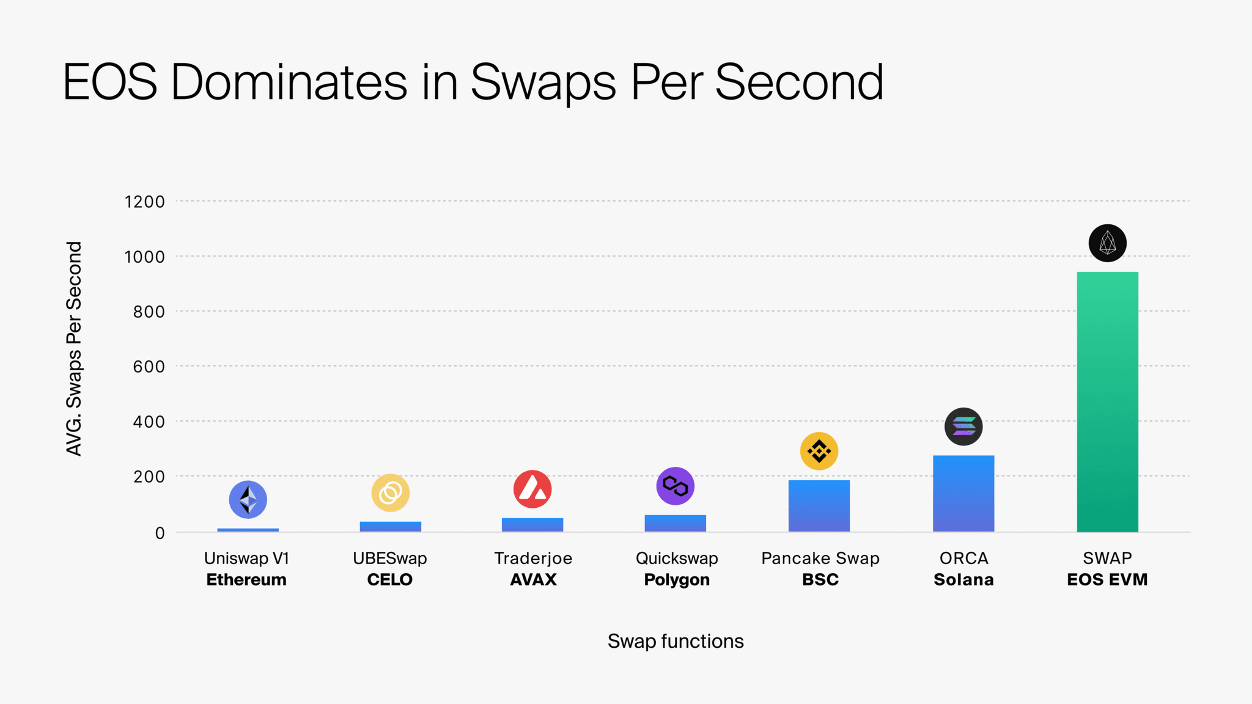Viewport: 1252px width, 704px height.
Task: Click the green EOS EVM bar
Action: tap(1107, 402)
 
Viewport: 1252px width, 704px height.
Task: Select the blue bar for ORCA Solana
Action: tap(963, 493)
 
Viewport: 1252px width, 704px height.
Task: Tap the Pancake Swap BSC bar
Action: tap(819, 505)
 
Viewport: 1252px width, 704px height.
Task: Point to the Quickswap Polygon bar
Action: tap(676, 523)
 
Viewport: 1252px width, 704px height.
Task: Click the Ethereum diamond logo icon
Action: tap(248, 499)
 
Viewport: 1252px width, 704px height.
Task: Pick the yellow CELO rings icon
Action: tap(391, 493)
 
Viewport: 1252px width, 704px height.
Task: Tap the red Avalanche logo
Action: tap(532, 489)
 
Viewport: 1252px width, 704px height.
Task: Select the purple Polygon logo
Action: tap(676, 486)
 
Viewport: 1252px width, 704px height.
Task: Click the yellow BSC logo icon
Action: tap(819, 451)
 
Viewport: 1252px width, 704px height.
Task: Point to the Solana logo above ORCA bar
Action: tap(963, 427)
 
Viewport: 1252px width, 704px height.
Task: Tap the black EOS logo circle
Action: tap(1107, 243)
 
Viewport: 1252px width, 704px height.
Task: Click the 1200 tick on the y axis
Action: tap(145, 202)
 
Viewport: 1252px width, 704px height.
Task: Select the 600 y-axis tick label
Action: tap(149, 367)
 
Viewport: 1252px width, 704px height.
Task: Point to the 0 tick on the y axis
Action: tap(160, 533)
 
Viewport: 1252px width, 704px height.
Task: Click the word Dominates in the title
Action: tap(289, 82)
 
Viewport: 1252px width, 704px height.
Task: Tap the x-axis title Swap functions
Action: tap(676, 641)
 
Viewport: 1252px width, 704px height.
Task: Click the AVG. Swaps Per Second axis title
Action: tap(74, 348)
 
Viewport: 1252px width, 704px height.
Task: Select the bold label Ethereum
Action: tap(246, 579)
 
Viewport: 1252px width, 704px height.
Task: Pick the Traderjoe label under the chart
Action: tap(533, 558)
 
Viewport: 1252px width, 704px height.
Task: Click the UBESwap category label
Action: tap(390, 558)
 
